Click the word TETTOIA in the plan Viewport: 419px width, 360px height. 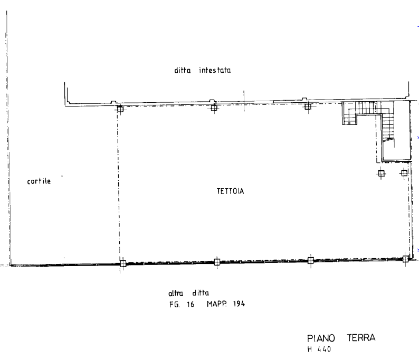click(230, 191)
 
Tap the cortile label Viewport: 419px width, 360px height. click(39, 181)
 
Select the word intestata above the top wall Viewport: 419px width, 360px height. click(215, 70)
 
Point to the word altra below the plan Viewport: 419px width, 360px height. click(176, 294)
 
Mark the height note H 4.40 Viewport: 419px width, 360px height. click(319, 349)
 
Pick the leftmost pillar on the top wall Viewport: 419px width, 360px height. click(120, 108)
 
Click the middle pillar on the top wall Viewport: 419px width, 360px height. click(213, 106)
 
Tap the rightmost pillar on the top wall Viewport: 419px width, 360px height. click(308, 105)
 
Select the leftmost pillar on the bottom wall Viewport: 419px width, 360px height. click(122, 264)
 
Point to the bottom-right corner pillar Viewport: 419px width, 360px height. click(405, 258)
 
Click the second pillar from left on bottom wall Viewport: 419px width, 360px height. click(217, 261)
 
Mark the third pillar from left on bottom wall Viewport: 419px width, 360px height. click(310, 260)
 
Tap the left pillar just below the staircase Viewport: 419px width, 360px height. click(380, 172)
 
